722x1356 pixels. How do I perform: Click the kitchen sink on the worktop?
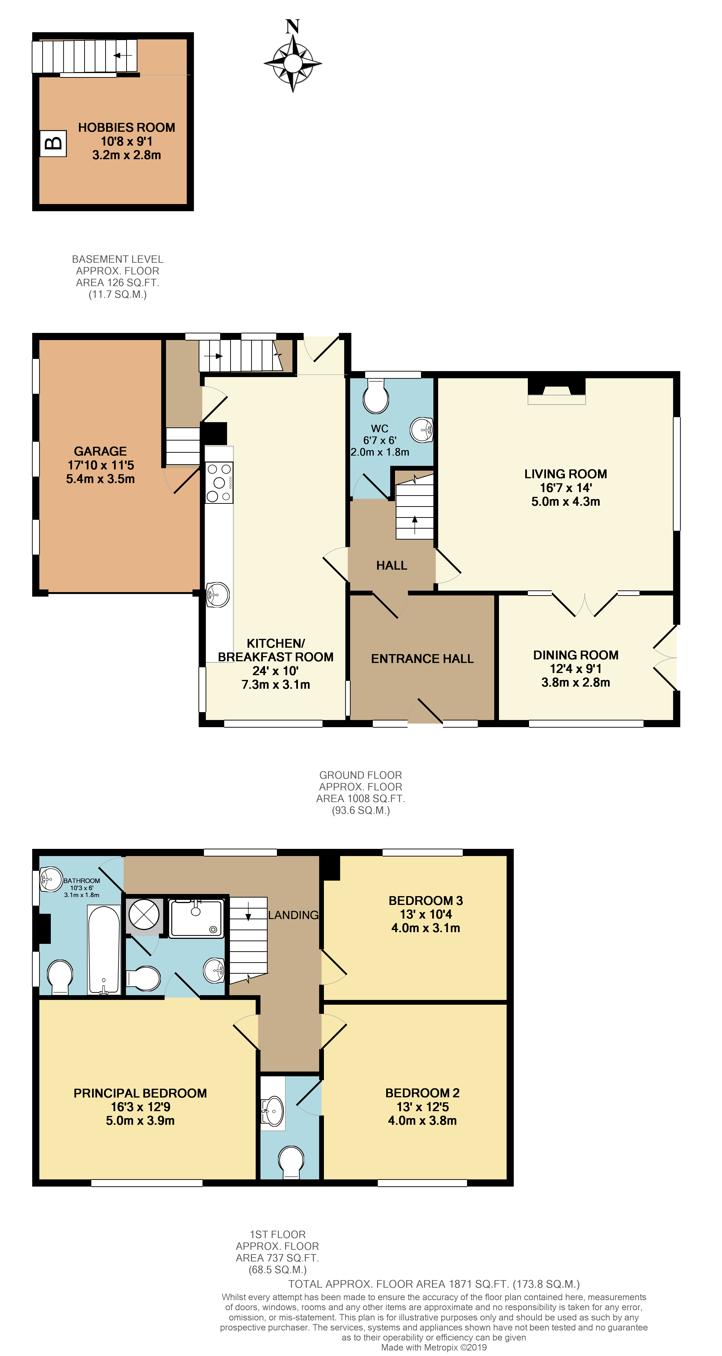tap(217, 595)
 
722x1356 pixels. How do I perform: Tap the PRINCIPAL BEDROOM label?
tap(140, 1093)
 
